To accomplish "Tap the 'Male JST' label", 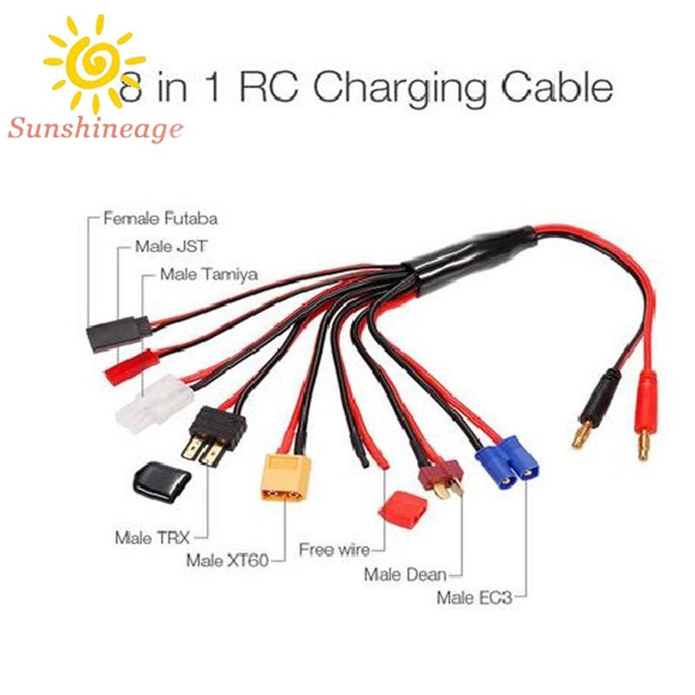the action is (170, 246).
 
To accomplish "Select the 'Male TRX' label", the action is (152, 536).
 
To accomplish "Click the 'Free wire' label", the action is (333, 549).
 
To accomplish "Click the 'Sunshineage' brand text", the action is (96, 130).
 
